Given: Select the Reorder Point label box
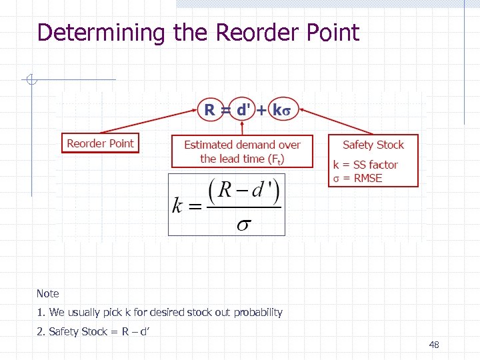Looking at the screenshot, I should (x=100, y=143).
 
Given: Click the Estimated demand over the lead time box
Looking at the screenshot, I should (x=242, y=152).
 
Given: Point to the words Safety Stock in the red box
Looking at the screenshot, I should (x=373, y=145).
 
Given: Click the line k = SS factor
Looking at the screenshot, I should (x=365, y=165).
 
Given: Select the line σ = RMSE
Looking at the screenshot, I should (x=358, y=178).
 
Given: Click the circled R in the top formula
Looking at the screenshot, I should (x=209, y=110).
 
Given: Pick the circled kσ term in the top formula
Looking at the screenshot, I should (x=283, y=110).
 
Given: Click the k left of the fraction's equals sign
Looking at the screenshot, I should (x=177, y=205).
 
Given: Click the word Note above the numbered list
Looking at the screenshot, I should (x=48, y=293).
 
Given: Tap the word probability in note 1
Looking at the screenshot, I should (x=259, y=312).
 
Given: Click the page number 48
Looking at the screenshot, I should (x=434, y=345).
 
